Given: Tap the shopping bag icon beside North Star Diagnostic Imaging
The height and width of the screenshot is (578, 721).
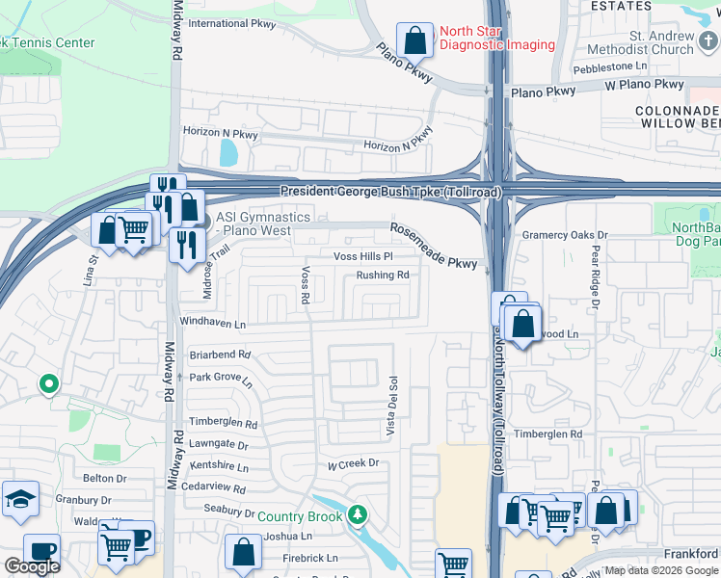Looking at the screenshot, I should click(414, 41).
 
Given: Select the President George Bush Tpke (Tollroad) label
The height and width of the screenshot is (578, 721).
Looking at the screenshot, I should click(391, 193).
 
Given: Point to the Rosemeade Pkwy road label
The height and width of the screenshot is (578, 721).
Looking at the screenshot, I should click(433, 246).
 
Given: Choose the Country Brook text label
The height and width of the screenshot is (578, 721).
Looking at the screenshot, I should click(300, 516).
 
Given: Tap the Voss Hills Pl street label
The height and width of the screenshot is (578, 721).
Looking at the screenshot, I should click(363, 257).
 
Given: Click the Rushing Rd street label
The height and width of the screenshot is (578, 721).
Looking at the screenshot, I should click(383, 276).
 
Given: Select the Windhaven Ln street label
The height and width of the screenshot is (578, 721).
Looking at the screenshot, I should click(212, 323).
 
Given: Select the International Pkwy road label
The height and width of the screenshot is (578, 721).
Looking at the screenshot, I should click(231, 23).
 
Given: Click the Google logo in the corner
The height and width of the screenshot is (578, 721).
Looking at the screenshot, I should click(32, 566).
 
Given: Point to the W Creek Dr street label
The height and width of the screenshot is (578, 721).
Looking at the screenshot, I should click(353, 463).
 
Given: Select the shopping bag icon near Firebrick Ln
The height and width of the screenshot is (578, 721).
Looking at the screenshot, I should click(243, 553).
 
